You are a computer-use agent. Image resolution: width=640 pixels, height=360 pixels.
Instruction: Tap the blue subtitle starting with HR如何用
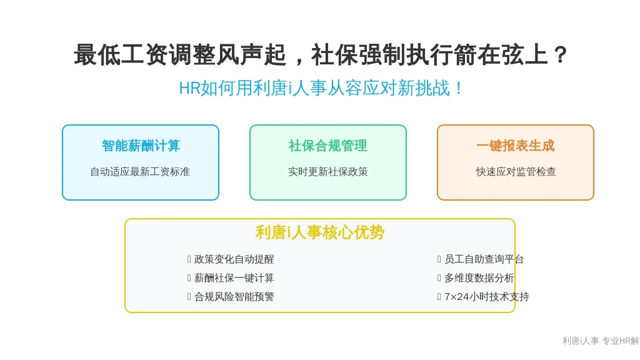(x=321, y=88)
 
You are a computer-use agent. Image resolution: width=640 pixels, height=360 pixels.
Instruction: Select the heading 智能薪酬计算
(x=141, y=146)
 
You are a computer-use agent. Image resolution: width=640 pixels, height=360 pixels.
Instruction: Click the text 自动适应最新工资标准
(x=140, y=172)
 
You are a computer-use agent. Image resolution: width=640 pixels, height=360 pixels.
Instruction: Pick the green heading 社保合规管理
(x=327, y=146)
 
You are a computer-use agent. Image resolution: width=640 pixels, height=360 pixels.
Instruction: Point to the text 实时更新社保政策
(x=327, y=172)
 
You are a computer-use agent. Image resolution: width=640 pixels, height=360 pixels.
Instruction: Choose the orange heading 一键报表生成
(x=515, y=146)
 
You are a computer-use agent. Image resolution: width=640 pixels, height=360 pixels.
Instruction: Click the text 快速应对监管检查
(x=516, y=172)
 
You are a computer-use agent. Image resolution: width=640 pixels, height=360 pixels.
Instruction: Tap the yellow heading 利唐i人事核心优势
(x=320, y=232)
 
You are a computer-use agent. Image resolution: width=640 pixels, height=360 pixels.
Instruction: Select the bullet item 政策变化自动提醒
(x=234, y=259)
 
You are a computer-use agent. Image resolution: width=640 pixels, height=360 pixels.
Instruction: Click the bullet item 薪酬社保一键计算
(x=234, y=278)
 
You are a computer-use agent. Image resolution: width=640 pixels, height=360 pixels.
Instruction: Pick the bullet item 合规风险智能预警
(x=234, y=297)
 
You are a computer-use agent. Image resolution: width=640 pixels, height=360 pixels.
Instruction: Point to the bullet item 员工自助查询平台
(x=484, y=259)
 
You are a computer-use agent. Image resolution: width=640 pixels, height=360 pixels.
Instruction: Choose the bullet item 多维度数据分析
(x=479, y=278)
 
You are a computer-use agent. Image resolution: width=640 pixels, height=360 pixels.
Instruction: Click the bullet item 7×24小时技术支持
(x=486, y=297)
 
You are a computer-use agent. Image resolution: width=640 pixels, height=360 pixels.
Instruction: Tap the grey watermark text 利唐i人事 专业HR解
(x=601, y=341)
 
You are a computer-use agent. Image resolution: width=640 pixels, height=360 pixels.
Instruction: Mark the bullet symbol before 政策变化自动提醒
(x=189, y=259)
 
